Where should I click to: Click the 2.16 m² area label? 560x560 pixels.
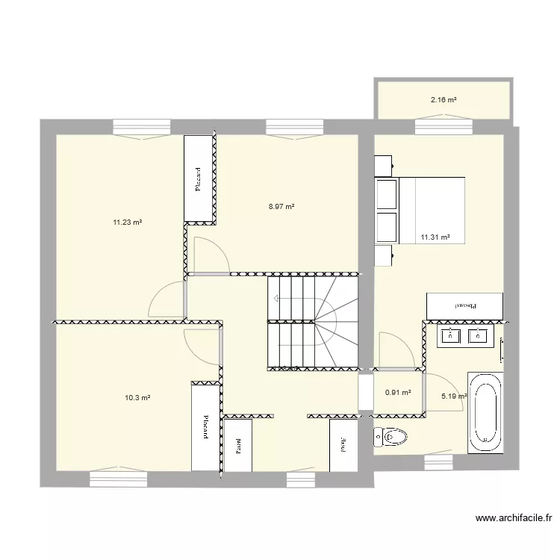click(x=444, y=99)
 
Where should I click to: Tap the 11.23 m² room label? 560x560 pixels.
click(x=128, y=222)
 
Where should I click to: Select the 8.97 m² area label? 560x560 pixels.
click(x=281, y=207)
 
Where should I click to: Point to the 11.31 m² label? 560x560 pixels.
click(x=435, y=237)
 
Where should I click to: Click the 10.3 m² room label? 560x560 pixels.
click(x=137, y=398)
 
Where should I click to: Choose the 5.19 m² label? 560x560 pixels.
click(x=454, y=396)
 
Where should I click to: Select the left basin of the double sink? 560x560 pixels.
click(x=450, y=336)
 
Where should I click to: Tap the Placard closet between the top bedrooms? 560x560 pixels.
click(x=199, y=179)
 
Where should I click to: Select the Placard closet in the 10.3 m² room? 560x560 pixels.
click(x=204, y=426)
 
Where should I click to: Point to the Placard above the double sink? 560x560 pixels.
click(x=464, y=305)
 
